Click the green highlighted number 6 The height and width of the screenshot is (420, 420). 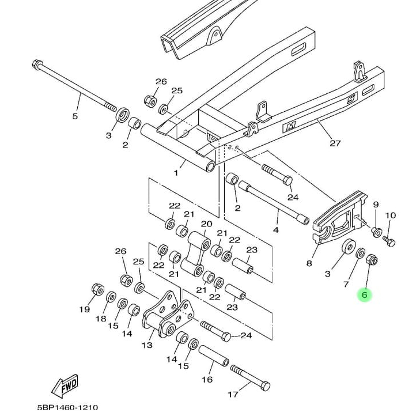(365, 295)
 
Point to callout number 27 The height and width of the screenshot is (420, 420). (335, 143)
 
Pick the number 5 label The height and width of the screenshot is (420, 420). (74, 116)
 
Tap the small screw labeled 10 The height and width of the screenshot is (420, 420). (389, 241)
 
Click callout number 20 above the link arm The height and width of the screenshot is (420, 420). (206, 224)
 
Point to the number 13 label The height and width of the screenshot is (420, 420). (147, 345)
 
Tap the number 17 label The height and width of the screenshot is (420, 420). (233, 395)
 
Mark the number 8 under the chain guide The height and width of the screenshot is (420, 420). (309, 263)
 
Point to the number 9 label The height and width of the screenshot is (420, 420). (376, 205)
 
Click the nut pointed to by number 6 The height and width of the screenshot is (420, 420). (372, 260)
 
